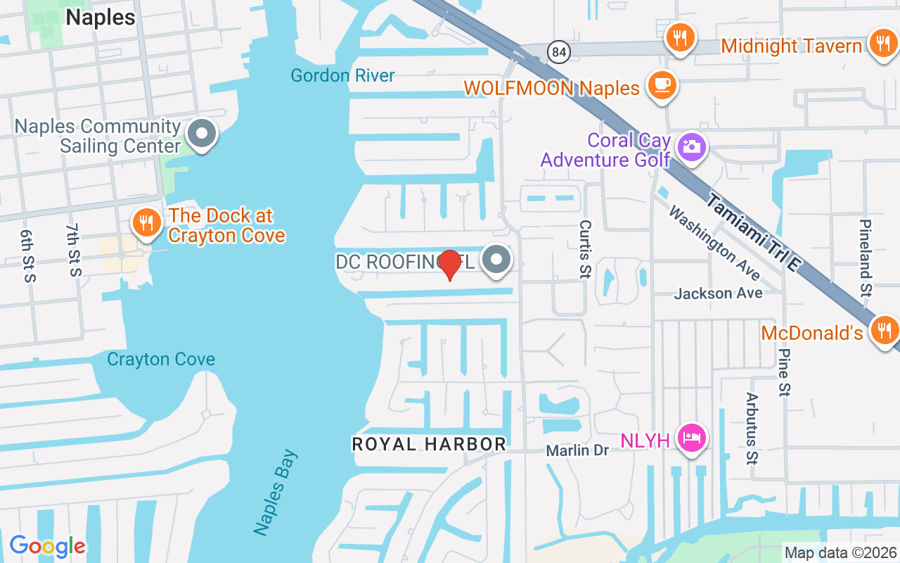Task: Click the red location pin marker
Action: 449,264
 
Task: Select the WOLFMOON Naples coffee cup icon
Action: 662,84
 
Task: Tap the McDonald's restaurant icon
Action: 884,329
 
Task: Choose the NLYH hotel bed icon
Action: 692,438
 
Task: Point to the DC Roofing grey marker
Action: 497,260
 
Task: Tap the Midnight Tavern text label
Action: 791,46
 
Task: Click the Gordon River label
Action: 342,75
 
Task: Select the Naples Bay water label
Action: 276,493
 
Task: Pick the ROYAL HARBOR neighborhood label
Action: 429,444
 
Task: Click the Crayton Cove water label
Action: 161,360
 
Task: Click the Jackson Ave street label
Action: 718,293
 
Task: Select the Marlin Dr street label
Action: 577,450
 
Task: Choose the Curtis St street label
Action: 585,249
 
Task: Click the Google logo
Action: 47,546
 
